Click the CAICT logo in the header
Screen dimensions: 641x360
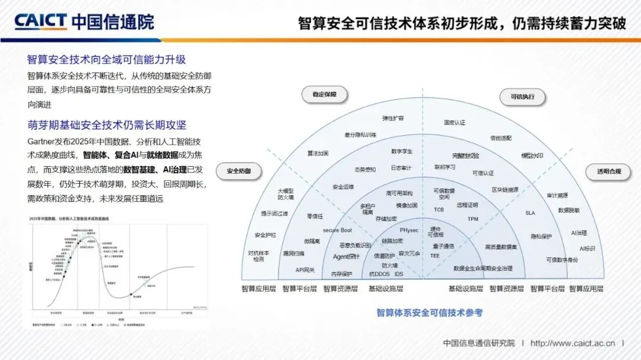40,22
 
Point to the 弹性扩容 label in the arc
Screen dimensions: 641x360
392,119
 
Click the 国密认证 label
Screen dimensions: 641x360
454,123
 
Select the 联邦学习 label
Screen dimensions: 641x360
445,167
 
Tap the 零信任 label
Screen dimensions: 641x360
315,216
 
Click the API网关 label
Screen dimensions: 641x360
305,270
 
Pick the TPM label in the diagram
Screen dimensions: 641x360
472,219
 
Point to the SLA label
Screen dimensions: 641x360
530,213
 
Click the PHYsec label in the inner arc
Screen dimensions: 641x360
409,230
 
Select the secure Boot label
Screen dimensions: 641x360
337,230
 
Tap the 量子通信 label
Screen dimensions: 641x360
443,246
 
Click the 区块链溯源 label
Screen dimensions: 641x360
504,190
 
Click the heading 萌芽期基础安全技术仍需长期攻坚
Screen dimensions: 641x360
107,125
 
